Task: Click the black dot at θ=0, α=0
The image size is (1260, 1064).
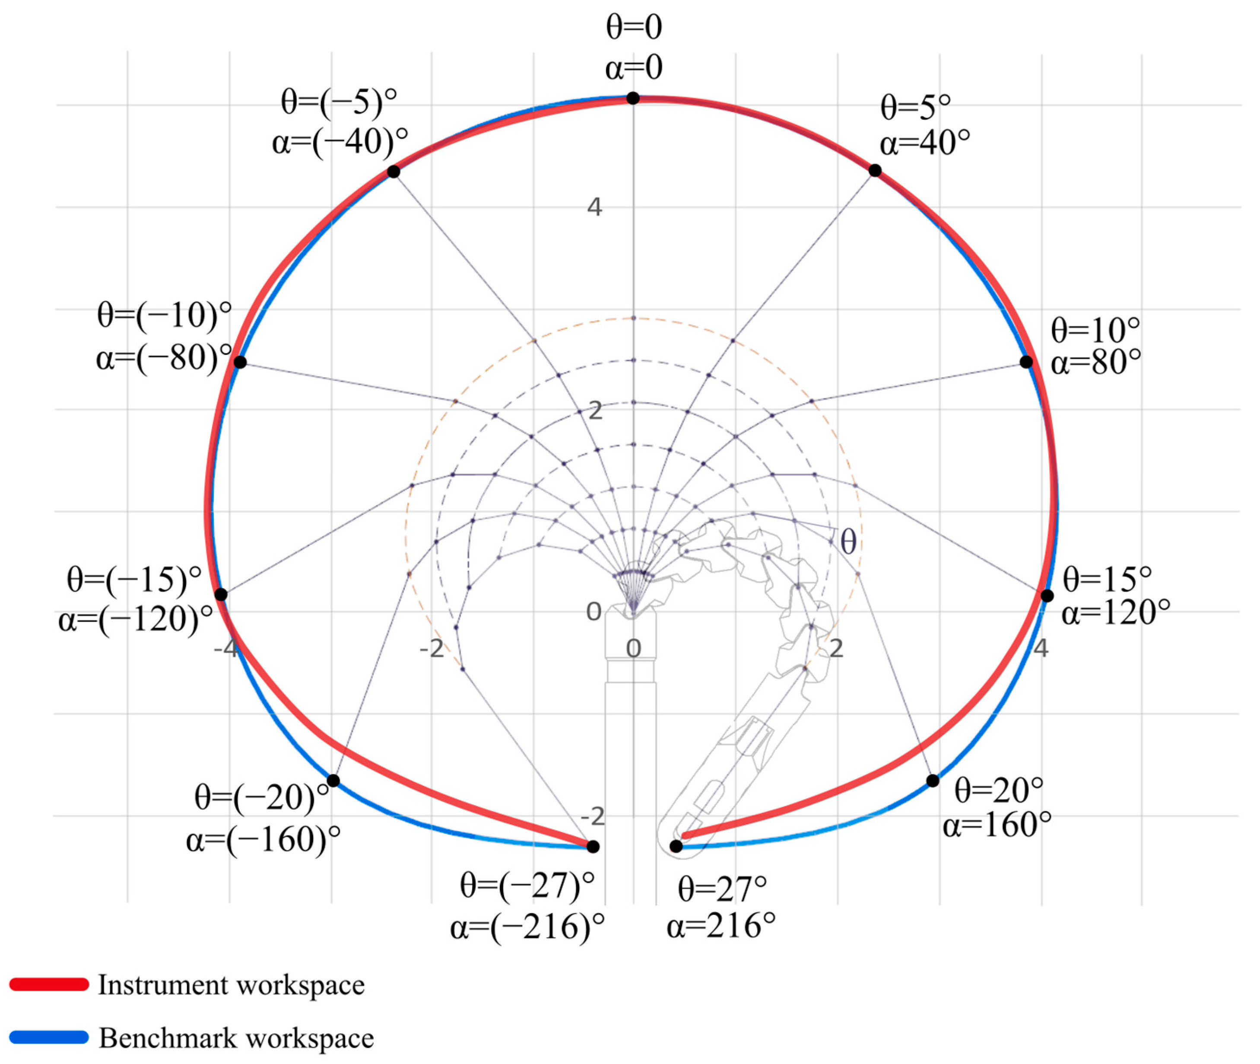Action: click(x=633, y=98)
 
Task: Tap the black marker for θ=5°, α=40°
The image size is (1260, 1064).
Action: click(x=875, y=171)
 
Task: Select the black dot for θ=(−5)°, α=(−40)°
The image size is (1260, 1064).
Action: click(x=393, y=172)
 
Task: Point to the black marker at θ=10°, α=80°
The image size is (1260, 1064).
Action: click(x=1026, y=362)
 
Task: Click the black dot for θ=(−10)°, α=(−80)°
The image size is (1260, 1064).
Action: click(x=240, y=362)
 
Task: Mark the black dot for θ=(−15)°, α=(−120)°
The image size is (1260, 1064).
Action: click(x=221, y=594)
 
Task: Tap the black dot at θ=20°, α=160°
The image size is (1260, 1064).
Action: click(x=933, y=780)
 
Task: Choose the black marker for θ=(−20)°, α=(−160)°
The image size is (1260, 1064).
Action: click(x=333, y=780)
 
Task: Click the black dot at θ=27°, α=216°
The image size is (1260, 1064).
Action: click(x=676, y=846)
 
